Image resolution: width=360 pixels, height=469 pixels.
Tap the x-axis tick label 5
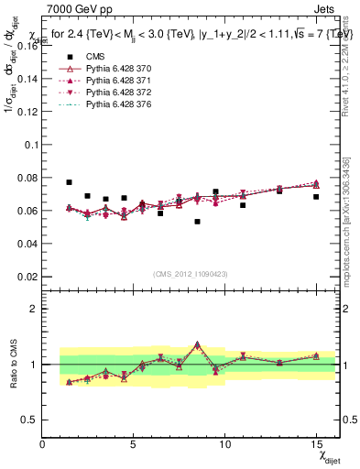[134, 445]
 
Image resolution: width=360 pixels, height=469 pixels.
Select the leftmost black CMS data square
[70, 182]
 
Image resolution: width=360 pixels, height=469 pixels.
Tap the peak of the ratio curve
[197, 344]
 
